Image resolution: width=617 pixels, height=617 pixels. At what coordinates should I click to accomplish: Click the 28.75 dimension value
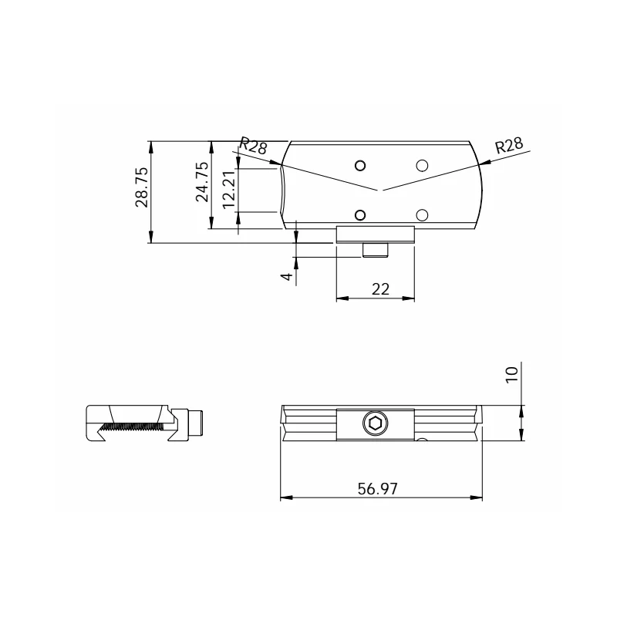[x=142, y=187]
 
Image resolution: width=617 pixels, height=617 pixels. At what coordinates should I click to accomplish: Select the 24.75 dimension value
[x=202, y=182]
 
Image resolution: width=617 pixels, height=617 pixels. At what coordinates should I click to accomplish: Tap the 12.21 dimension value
[x=229, y=190]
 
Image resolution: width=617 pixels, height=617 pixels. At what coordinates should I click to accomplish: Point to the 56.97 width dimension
[x=377, y=489]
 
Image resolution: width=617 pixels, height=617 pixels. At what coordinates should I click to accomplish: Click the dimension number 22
[x=380, y=289]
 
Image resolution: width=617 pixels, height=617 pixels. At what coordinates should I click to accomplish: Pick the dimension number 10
[x=511, y=374]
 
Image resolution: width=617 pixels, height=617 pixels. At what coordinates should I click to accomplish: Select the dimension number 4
[x=287, y=277]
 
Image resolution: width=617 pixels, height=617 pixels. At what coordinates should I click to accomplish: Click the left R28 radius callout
[x=254, y=146]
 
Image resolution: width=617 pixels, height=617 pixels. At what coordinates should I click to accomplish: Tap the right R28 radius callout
[x=509, y=145]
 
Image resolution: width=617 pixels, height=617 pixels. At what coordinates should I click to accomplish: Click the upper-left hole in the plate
[x=360, y=166]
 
